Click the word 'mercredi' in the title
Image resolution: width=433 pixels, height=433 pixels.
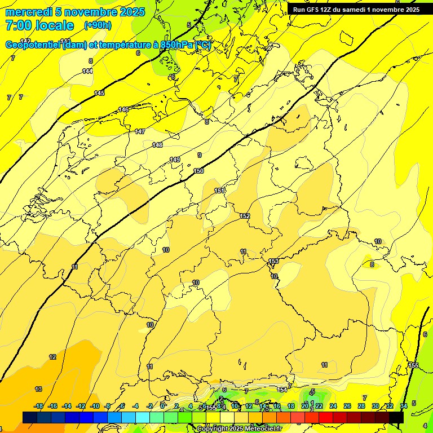tap(28, 12)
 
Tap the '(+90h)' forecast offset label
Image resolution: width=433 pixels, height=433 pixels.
tap(98, 25)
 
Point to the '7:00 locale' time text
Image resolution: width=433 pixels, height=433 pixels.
tap(39, 25)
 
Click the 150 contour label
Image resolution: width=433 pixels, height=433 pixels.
tap(198, 171)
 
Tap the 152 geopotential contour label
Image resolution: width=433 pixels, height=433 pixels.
tap(245, 216)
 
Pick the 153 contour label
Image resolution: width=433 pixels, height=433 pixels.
tap(273, 261)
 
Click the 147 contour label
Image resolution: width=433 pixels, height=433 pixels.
tap(140, 131)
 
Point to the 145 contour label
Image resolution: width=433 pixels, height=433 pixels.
tap(99, 93)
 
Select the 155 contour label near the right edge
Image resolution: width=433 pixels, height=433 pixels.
tap(413, 365)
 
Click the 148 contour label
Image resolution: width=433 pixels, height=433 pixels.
tap(157, 145)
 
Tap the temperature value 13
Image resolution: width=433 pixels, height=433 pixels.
tap(38, 389)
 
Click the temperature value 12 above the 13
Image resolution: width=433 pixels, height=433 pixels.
tap(52, 357)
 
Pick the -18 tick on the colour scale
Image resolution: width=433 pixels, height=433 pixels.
tap(39, 406)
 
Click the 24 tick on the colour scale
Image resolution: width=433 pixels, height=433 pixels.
tap(333, 406)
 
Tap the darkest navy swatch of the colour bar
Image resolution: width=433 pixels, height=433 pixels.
tap(30, 417)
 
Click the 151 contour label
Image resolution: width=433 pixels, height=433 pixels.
tap(219, 191)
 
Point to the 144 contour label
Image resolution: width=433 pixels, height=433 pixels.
tap(87, 71)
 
